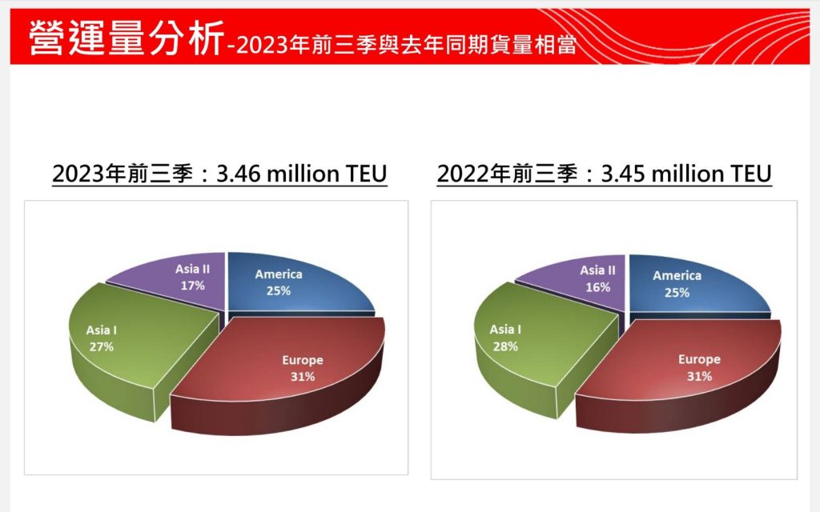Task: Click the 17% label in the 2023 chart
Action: coord(192,285)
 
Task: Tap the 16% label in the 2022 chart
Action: coord(597,286)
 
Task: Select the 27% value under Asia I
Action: coord(102,346)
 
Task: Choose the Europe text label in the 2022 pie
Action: coord(699,359)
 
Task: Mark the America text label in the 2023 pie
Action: coord(279,274)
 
